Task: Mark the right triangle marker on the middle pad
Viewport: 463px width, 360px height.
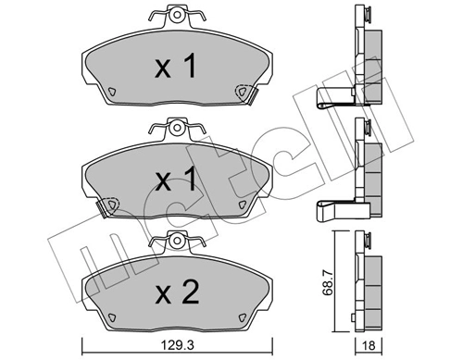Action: [x=241, y=204]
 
